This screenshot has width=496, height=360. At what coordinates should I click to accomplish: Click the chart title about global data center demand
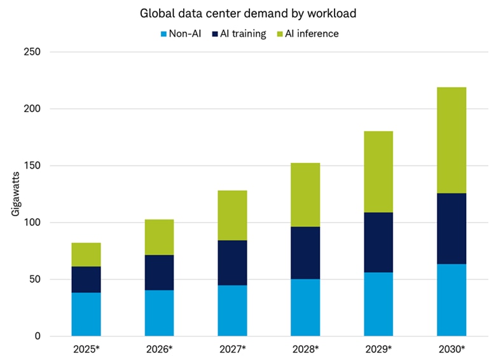pos(247,13)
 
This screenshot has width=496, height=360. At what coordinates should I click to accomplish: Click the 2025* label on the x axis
pos(86,349)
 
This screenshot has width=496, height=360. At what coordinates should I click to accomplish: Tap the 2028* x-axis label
pos(305,349)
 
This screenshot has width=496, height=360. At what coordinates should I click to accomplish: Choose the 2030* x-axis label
pos(451,349)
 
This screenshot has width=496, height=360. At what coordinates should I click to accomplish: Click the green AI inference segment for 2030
pos(451,140)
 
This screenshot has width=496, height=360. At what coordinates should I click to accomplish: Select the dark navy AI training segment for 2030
pos(451,228)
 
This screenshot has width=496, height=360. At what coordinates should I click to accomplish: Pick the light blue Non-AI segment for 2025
pos(86,314)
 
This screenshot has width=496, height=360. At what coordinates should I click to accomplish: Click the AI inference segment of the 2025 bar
pos(86,254)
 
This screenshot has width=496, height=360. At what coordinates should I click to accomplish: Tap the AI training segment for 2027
pos(232,263)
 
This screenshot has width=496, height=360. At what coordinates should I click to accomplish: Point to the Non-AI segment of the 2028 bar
pos(305,307)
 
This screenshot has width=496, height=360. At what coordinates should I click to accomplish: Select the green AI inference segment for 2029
pos(378,172)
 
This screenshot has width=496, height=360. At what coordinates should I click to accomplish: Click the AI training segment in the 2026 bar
pos(159,272)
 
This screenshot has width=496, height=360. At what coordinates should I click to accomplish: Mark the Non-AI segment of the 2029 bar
pos(378,304)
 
